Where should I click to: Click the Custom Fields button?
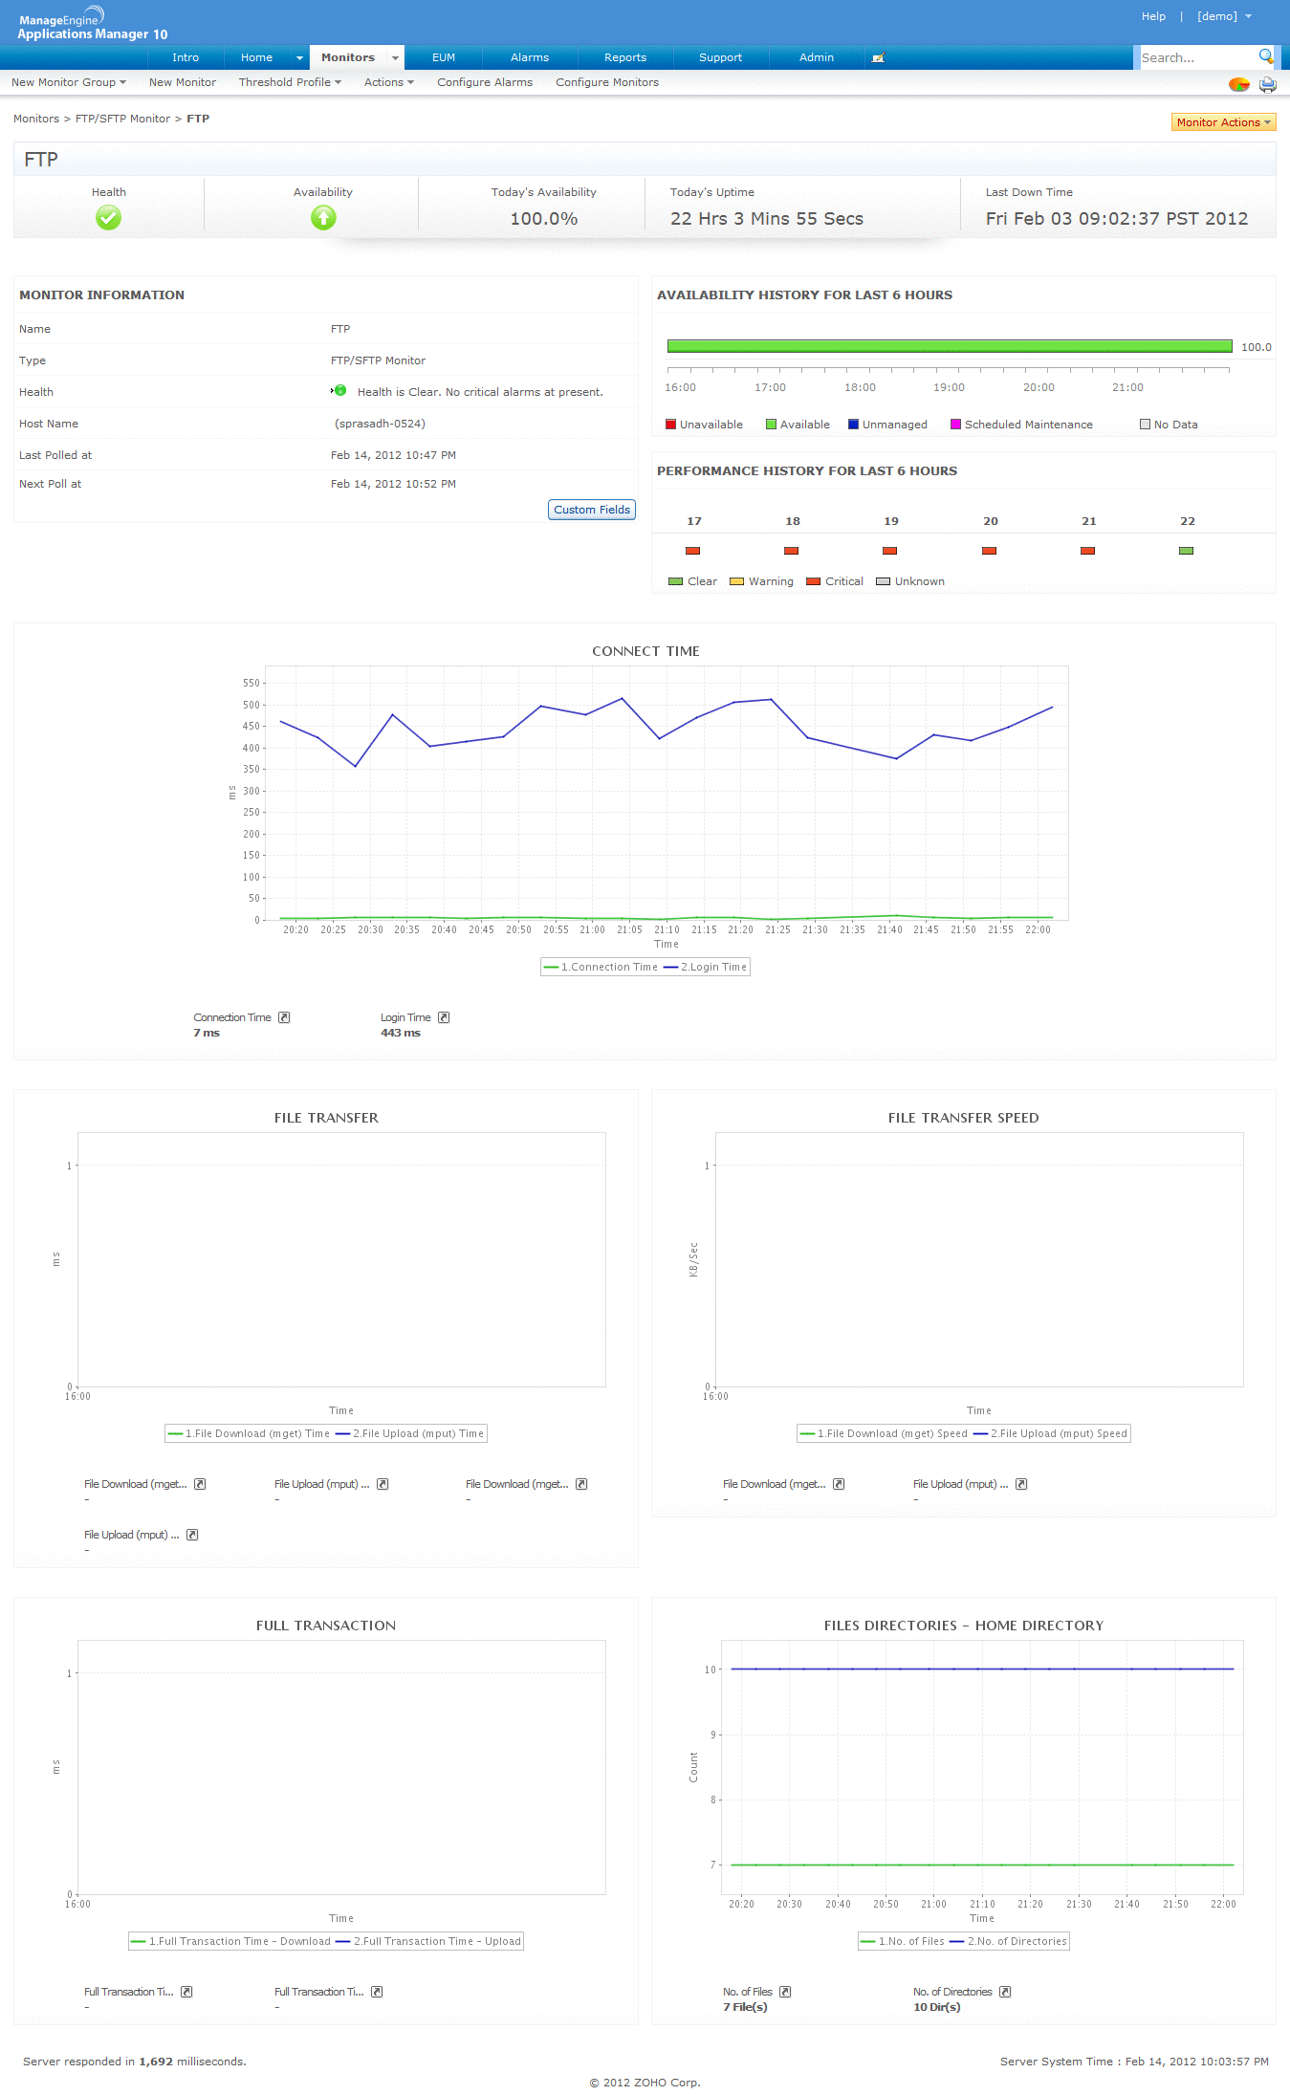click(592, 510)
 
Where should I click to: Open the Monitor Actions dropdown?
click(1223, 122)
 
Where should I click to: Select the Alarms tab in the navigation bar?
click(529, 57)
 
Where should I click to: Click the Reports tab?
click(624, 57)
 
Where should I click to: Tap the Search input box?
click(1196, 58)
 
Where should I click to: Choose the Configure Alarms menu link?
click(485, 82)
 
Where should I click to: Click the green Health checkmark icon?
click(108, 219)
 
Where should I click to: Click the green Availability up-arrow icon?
click(323, 219)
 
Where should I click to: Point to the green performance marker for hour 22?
click(1186, 551)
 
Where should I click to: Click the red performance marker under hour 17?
click(693, 551)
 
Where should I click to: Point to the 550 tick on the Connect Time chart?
click(251, 683)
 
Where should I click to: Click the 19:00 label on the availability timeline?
click(949, 387)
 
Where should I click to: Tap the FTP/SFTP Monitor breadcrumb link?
click(122, 119)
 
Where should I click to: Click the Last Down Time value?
click(1116, 219)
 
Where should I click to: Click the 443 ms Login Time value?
click(401, 1033)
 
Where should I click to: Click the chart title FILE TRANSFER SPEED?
click(963, 1118)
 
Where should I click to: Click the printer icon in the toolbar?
click(1267, 84)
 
